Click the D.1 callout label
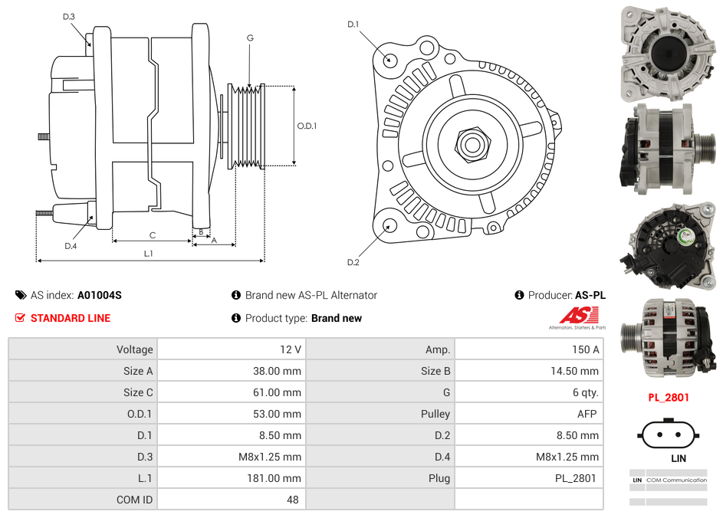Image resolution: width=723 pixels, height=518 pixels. point(353,25)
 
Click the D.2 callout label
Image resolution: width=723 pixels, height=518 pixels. point(353,263)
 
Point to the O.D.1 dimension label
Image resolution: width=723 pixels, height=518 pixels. point(307,126)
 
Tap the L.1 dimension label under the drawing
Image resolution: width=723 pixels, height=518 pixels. point(148,254)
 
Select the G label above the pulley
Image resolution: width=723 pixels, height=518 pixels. point(250,38)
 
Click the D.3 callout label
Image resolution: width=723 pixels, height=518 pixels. point(69,17)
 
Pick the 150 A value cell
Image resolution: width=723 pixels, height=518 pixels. point(585,349)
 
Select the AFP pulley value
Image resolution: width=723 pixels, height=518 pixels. point(587,414)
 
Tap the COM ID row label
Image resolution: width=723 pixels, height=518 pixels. point(134,500)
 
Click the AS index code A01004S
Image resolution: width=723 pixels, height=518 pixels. point(100,295)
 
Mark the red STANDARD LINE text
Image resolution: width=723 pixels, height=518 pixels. point(71,318)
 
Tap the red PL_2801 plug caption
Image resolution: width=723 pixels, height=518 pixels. point(669,398)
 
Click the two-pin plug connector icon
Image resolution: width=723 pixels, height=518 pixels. point(668,435)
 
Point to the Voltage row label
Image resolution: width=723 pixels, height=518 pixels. point(134,349)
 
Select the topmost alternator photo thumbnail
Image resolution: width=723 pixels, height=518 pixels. point(667,52)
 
